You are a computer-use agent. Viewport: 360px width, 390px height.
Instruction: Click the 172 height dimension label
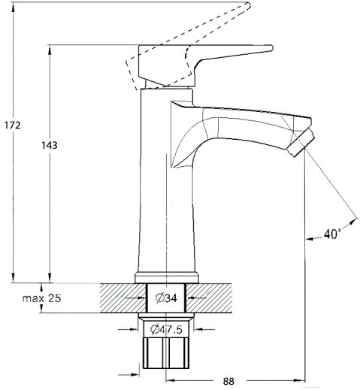[x=13, y=125]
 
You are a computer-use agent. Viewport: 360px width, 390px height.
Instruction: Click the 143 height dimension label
[x=50, y=145]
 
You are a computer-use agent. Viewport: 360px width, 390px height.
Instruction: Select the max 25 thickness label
[x=41, y=298]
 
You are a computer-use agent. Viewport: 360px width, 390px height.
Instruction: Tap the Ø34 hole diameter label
[x=166, y=298]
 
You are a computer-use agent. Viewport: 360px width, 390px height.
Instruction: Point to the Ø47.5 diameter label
[x=166, y=329]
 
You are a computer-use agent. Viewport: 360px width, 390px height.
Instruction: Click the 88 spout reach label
[x=228, y=381]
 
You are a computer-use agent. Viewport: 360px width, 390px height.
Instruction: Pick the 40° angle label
[x=332, y=234]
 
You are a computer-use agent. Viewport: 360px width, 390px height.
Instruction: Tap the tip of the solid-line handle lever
[x=272, y=47]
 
